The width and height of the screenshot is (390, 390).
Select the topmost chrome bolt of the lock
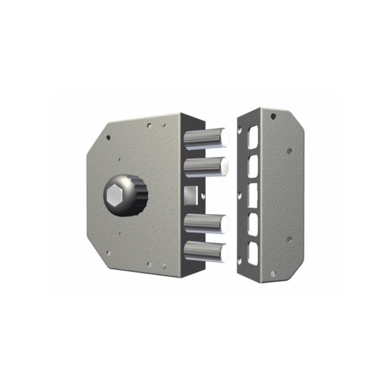click(x=205, y=138)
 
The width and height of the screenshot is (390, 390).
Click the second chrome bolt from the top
click(x=205, y=167)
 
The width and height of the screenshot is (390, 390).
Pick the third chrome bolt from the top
click(x=205, y=224)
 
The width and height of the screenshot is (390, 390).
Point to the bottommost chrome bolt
click(x=205, y=252)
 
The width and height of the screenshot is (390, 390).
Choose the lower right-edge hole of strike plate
click(x=289, y=239)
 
